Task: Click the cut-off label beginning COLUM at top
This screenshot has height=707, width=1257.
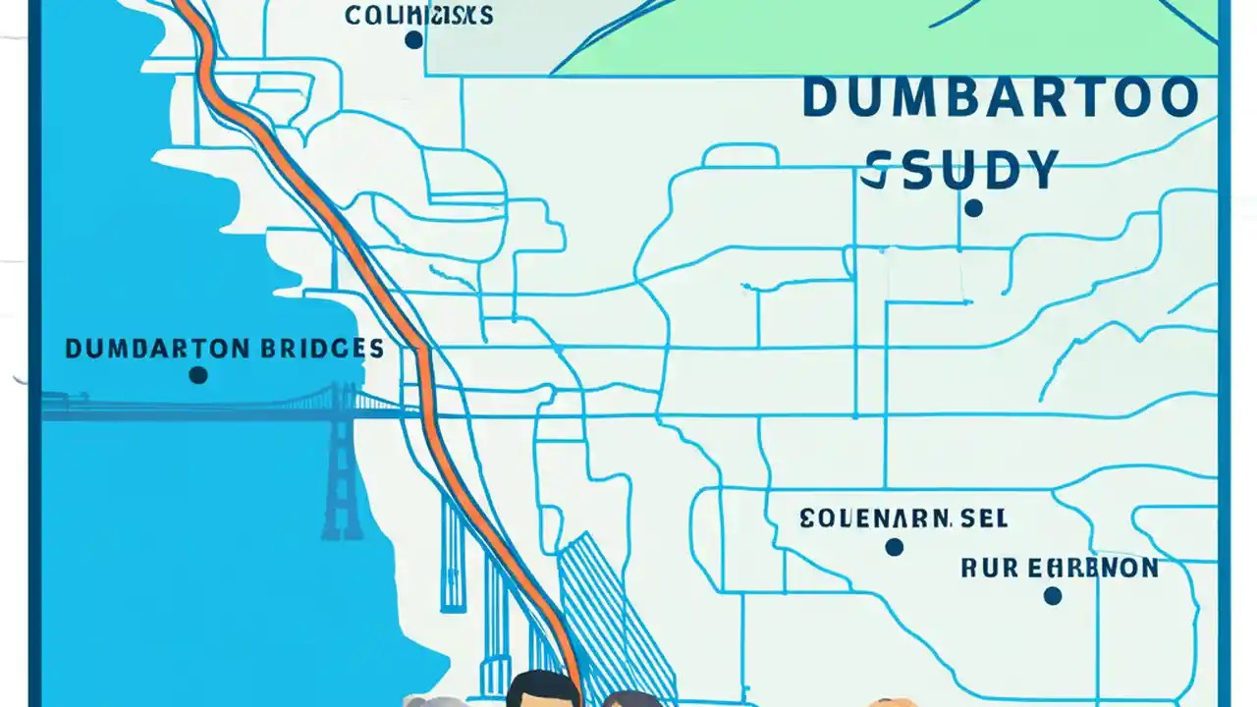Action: (x=418, y=15)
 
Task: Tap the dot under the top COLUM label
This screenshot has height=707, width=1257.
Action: (x=413, y=40)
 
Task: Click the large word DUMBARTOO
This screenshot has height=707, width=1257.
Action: (x=1001, y=99)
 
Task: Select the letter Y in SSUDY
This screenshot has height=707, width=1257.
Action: (x=1037, y=170)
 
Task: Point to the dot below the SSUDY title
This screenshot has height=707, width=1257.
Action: (x=973, y=208)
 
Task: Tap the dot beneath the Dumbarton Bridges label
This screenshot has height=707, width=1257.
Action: (x=197, y=375)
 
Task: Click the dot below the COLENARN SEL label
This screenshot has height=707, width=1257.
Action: (x=894, y=547)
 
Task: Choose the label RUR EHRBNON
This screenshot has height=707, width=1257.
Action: (x=1058, y=568)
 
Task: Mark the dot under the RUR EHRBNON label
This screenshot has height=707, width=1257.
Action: (x=1052, y=595)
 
